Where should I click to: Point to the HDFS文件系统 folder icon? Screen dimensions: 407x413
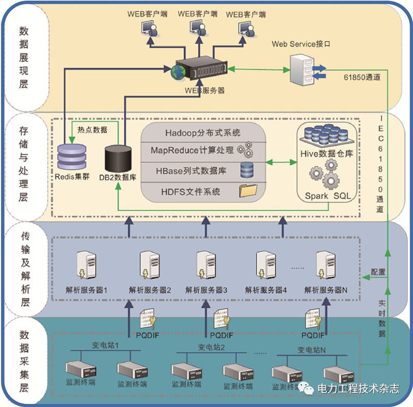point(248,191)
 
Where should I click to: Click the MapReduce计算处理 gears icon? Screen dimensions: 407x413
point(245,149)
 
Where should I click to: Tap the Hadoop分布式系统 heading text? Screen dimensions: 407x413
point(203,133)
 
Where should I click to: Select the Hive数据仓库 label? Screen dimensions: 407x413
point(327,153)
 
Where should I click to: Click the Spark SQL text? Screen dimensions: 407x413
point(327,196)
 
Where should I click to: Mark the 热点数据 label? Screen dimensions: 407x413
point(92,131)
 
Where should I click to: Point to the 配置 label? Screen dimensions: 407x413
point(378,272)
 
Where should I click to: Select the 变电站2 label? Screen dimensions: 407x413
point(211,346)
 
